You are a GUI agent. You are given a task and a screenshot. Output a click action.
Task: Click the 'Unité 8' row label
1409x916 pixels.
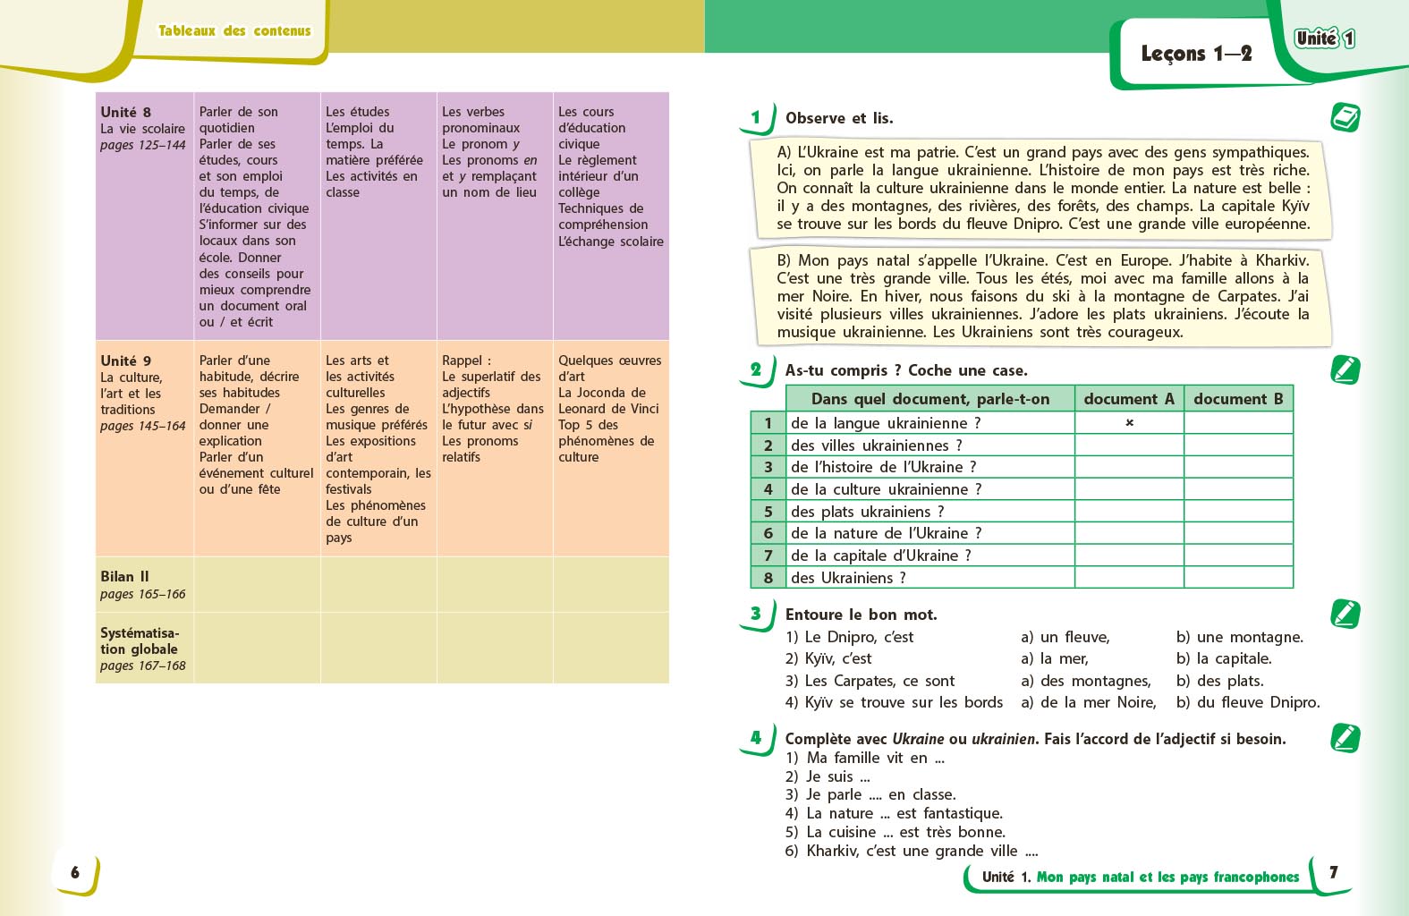(126, 112)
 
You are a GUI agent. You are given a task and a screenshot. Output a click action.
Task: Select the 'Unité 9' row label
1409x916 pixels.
(126, 360)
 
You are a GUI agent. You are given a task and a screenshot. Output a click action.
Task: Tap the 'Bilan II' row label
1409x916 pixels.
(124, 577)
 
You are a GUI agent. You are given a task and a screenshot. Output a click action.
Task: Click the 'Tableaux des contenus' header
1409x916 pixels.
(234, 30)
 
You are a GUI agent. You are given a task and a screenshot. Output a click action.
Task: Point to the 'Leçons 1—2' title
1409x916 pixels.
(1195, 54)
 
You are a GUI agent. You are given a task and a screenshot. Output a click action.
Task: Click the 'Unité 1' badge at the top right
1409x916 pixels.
(1325, 38)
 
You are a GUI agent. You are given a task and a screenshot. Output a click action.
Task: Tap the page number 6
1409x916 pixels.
(75, 872)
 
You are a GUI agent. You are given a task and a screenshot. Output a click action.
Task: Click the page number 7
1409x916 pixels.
(1333, 872)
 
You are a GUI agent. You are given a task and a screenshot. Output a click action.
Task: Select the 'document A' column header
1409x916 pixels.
(1128, 399)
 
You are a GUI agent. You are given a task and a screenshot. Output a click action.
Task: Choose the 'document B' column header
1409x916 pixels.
(1238, 399)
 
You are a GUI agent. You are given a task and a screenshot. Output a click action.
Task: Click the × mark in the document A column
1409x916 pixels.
(1129, 422)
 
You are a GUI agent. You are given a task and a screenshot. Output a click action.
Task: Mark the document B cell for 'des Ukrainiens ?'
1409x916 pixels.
(1238, 578)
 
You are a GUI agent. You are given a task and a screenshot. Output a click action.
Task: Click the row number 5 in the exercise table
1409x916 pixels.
(768, 512)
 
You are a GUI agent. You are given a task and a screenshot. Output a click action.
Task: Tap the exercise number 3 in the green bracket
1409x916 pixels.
(756, 614)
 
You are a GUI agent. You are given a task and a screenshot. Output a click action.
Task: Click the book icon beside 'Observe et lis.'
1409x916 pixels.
(1345, 117)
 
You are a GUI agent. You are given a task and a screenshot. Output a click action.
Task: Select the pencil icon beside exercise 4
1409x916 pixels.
(1345, 738)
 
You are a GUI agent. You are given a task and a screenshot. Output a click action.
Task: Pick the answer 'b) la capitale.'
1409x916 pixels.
(1223, 658)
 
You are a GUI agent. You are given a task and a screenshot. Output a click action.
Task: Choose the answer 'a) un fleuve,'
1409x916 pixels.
(1065, 637)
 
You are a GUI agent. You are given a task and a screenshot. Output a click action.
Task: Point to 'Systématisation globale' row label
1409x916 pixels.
(139, 641)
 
